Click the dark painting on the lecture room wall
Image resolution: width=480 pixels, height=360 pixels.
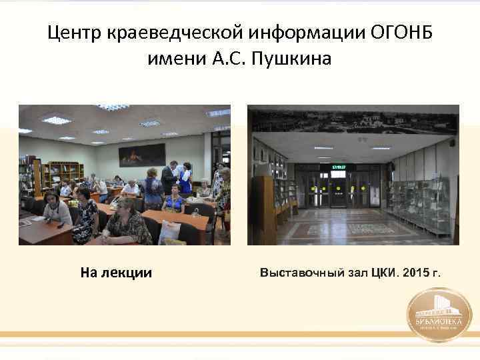tap(141, 155)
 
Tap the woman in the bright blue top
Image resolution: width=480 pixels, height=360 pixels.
tap(175, 201)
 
